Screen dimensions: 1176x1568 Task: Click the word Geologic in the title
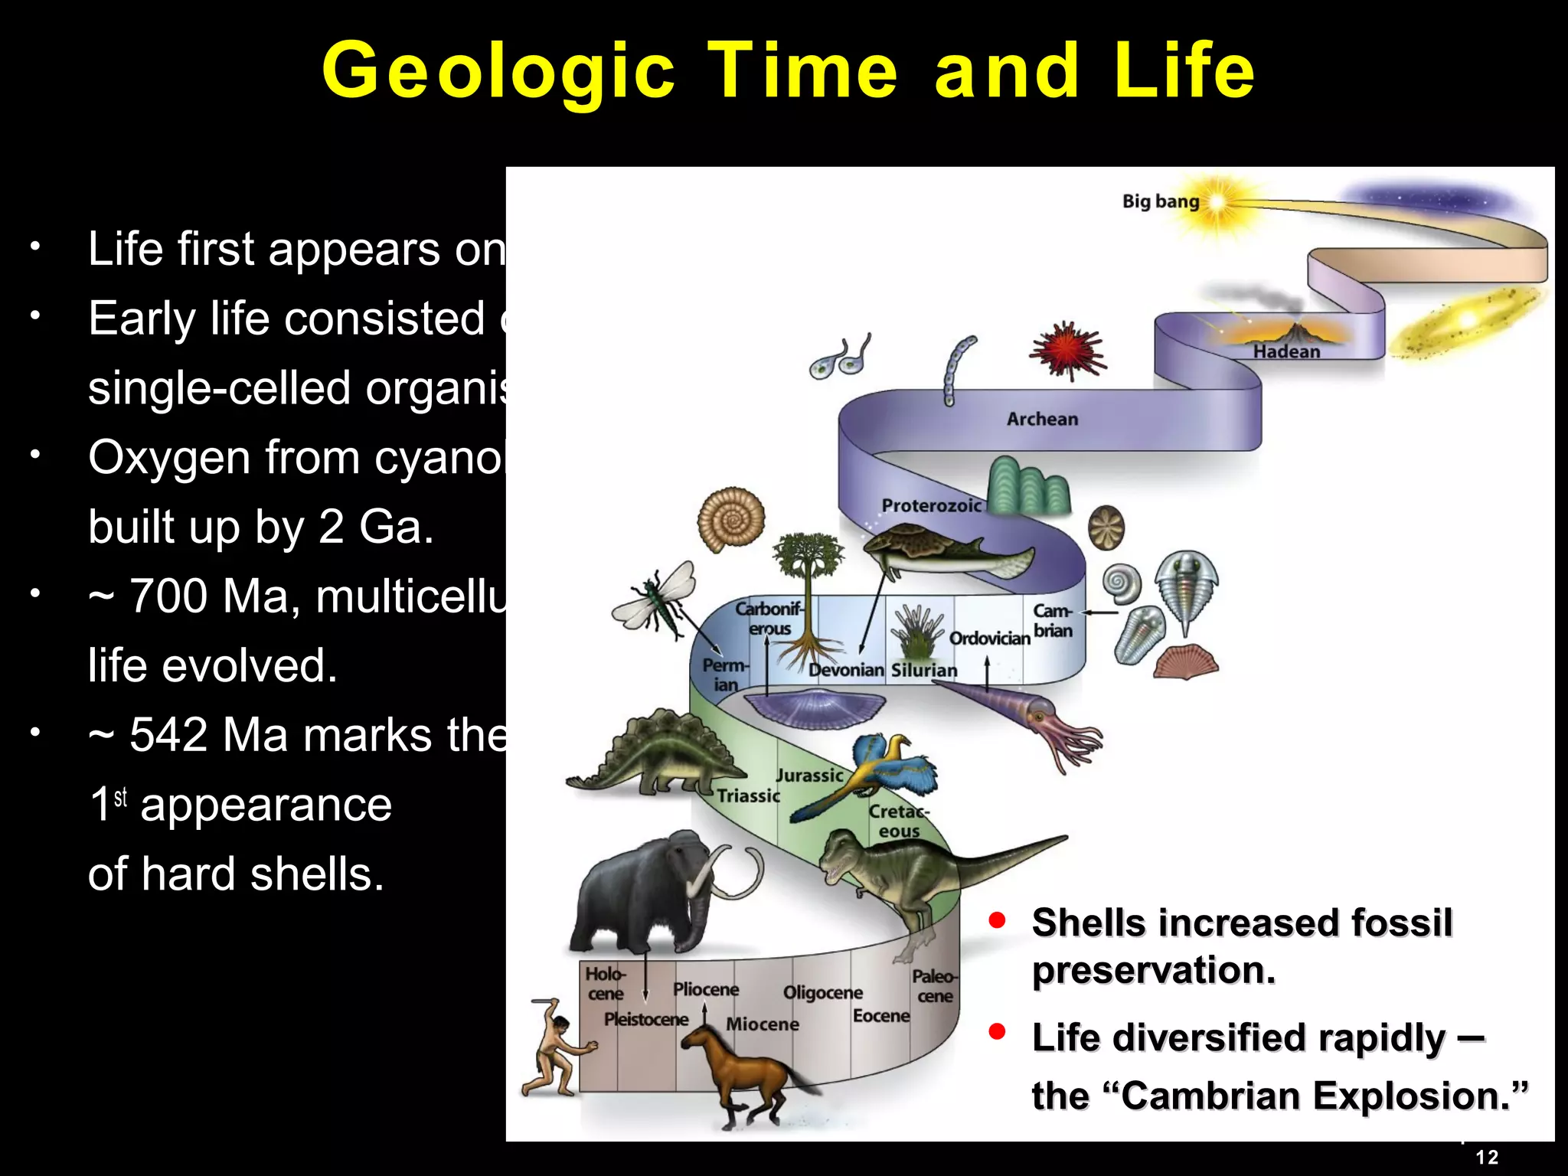[x=498, y=71]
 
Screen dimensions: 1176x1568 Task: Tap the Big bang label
[x=1160, y=201]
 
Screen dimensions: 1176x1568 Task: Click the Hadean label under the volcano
[x=1286, y=351]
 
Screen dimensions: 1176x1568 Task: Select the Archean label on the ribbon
[x=1041, y=419]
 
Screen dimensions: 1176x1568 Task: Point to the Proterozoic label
[x=931, y=505]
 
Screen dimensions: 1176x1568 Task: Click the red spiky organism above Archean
[x=1067, y=351]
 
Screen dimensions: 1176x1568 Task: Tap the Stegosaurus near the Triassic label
[x=658, y=754]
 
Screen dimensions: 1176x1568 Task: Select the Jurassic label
[x=809, y=775]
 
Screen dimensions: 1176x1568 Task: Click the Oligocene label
[x=822, y=992]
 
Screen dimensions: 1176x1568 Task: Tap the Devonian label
[x=846, y=670]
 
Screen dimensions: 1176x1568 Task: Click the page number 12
[x=1486, y=1157]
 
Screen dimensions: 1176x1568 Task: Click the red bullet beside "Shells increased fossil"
[x=996, y=920]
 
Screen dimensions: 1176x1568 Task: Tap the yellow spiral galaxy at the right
[x=1466, y=322]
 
